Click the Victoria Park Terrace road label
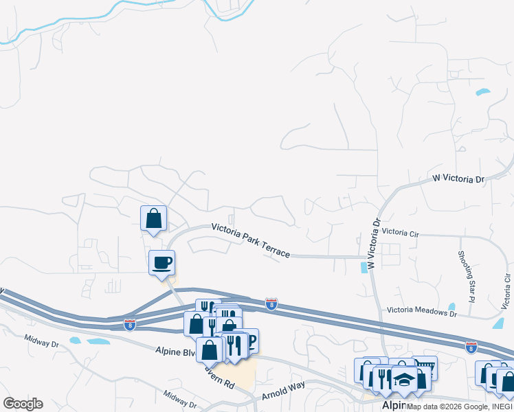[x=250, y=239]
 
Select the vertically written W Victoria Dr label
[x=374, y=244]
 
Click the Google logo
[x=23, y=404]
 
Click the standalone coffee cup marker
[x=162, y=262]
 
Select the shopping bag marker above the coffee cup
[x=153, y=218]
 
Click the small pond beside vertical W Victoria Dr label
[x=363, y=267]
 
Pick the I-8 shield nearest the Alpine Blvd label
[x=130, y=323]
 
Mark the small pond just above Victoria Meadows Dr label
[x=451, y=306]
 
